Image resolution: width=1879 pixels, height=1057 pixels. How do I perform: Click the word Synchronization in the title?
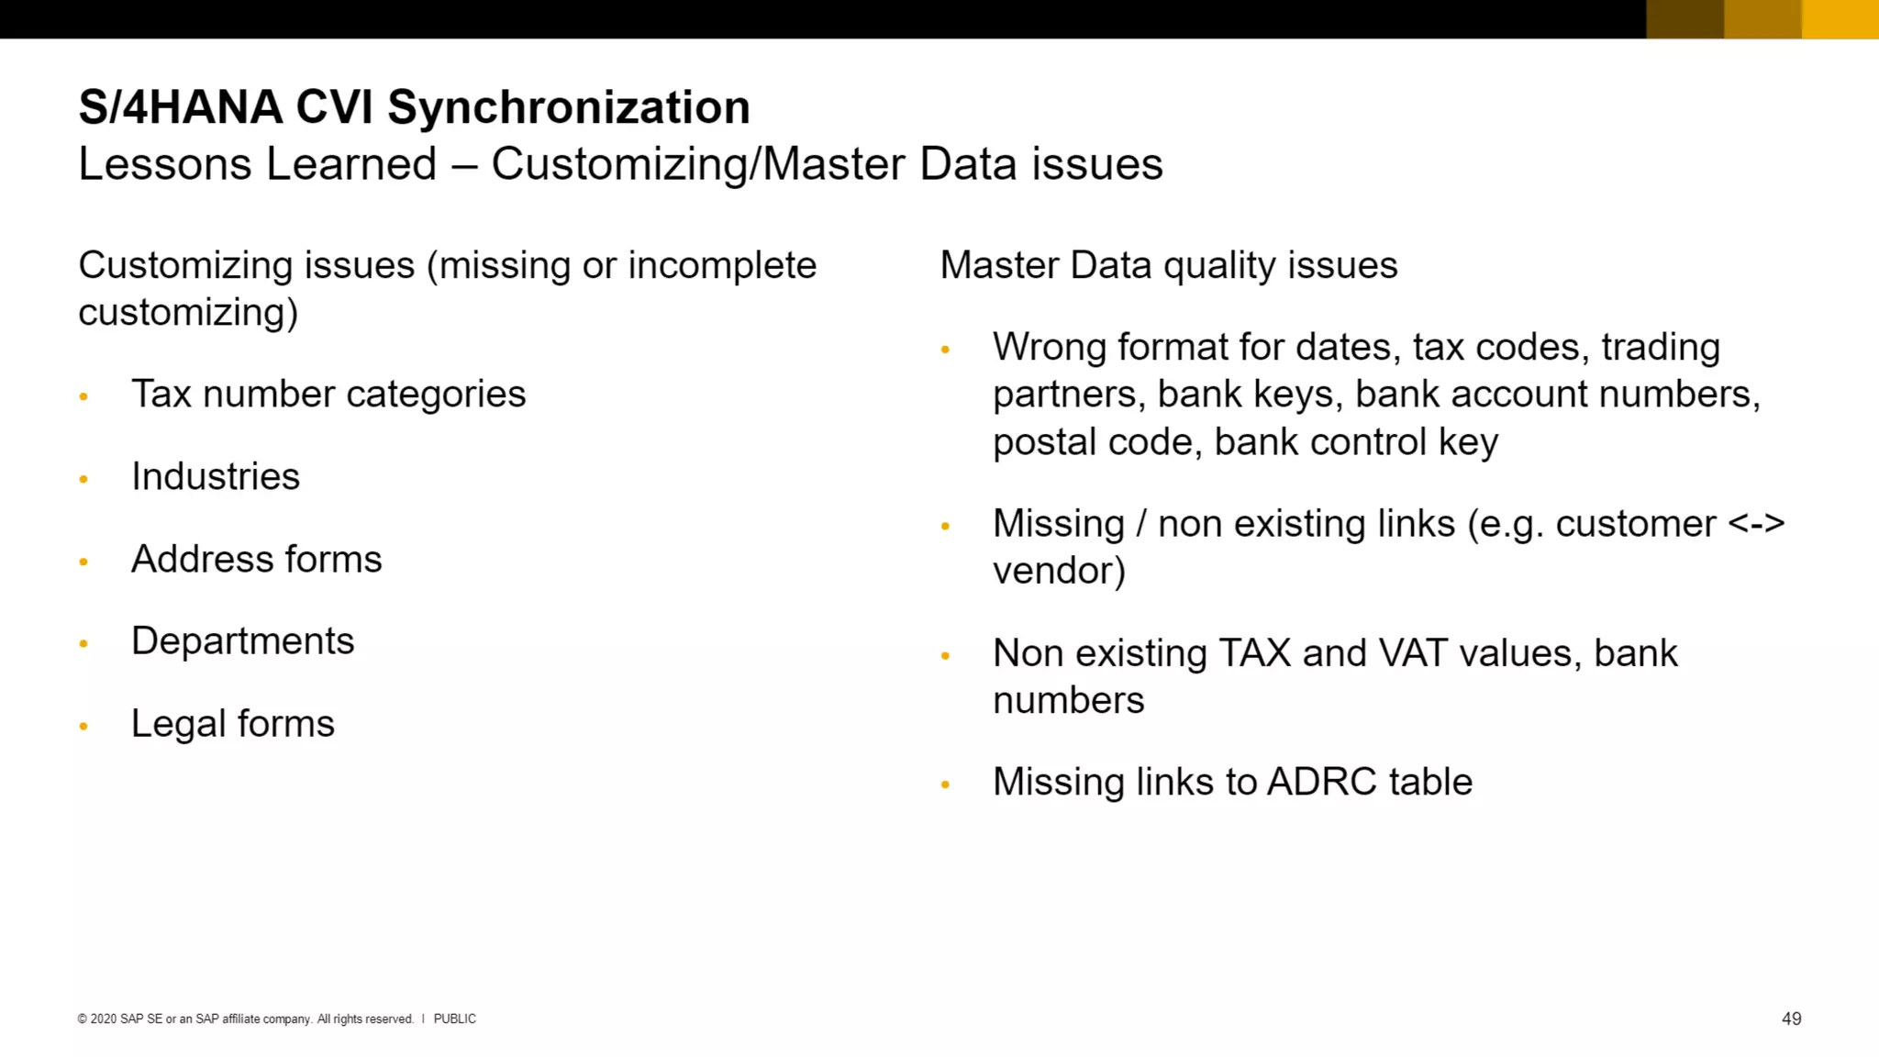[x=568, y=107]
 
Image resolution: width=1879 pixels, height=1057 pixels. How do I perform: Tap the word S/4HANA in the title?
[x=180, y=107]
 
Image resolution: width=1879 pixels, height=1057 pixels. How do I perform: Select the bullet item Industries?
[x=216, y=476]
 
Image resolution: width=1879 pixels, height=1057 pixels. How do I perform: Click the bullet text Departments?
[x=242, y=640]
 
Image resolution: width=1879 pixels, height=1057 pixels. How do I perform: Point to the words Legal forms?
[x=233, y=723]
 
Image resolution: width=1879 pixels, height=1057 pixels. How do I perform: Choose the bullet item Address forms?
[x=256, y=559]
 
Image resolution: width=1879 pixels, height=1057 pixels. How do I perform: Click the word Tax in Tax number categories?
[x=161, y=394]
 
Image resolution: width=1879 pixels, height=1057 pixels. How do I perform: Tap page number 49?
[x=1791, y=1018]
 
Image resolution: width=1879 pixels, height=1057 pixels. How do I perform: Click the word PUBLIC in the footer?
[x=454, y=1018]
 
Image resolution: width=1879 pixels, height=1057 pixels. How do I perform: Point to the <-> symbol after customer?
[x=1756, y=524]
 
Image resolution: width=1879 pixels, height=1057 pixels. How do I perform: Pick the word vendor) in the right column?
[x=1059, y=571]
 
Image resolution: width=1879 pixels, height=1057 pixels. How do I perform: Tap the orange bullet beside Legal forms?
[x=83, y=726]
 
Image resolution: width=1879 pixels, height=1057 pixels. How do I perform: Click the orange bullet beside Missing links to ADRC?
[x=945, y=784]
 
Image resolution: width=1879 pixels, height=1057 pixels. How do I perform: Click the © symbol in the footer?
[x=83, y=1018]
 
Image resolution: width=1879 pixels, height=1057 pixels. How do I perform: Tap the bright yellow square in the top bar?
[x=1840, y=18]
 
